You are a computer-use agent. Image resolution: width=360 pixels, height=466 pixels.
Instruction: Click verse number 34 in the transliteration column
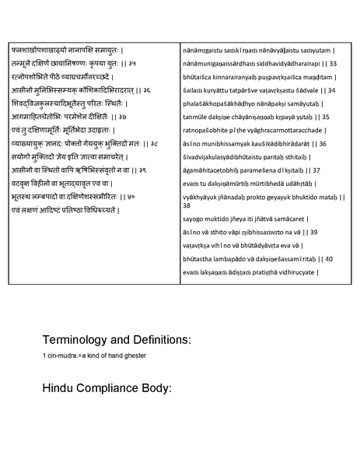332,90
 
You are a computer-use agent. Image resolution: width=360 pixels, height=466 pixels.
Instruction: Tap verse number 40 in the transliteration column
330,258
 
